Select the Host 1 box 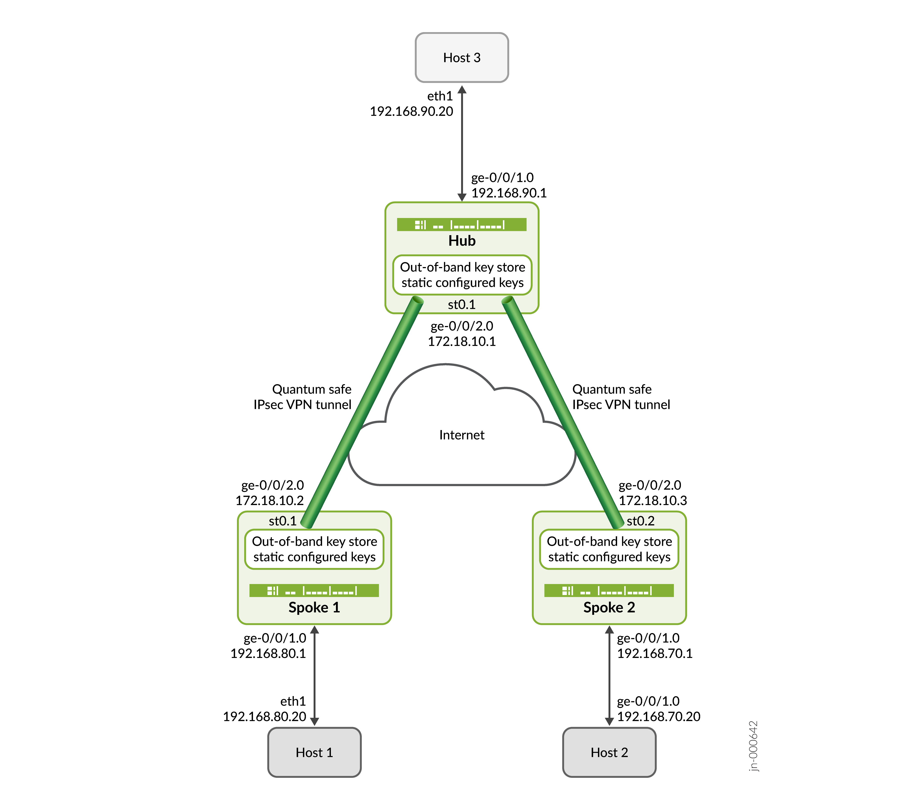coord(314,752)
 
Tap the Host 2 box coord(609,752)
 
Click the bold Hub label coord(462,241)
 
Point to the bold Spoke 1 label coord(314,608)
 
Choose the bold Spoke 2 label coord(609,608)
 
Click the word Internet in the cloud coord(462,435)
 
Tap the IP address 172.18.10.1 coord(462,341)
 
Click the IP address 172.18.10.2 coord(270,500)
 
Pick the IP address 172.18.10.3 coord(653,500)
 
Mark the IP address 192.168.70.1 coord(655,653)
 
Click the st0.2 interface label coord(640,521)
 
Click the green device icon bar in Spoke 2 coord(609,590)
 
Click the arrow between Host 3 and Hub coord(462,144)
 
